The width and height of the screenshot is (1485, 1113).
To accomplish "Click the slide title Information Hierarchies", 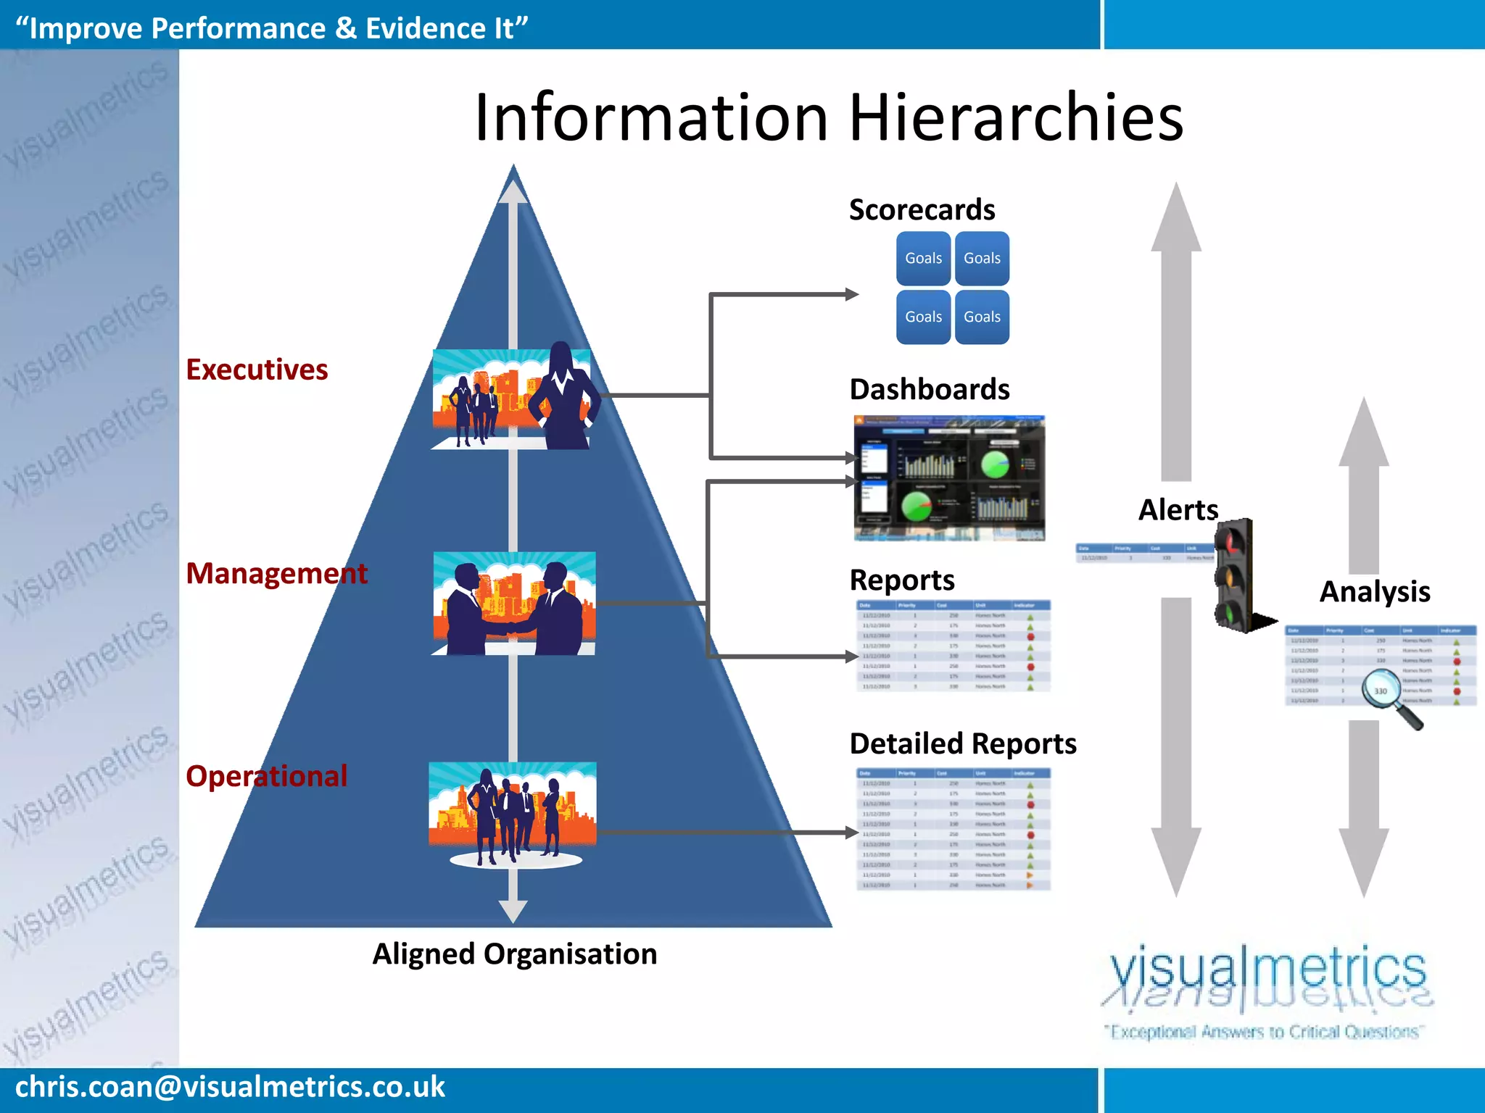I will click(x=828, y=117).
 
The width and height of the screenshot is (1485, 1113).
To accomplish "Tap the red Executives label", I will click(x=257, y=370).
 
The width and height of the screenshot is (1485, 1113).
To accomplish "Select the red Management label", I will click(x=276, y=573).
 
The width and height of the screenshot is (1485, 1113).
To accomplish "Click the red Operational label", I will click(x=266, y=776).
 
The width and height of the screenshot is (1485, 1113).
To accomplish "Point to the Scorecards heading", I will click(x=922, y=209).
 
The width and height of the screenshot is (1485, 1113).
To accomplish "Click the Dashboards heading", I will click(x=929, y=389).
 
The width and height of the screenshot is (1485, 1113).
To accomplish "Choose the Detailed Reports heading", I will click(x=962, y=743).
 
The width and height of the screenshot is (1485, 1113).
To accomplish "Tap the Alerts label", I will click(x=1178, y=509).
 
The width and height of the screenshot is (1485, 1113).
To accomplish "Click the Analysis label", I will click(x=1374, y=591).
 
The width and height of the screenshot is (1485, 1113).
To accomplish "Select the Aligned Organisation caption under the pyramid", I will click(x=514, y=954).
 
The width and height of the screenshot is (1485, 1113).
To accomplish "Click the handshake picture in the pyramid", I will click(x=514, y=604).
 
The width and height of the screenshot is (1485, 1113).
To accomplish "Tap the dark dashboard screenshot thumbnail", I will click(x=949, y=478).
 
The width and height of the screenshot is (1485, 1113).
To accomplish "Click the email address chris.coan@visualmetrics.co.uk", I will click(x=230, y=1087).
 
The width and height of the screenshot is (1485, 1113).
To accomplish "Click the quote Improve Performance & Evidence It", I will click(x=271, y=28).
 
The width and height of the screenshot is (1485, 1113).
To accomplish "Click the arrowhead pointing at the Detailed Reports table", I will click(x=851, y=833).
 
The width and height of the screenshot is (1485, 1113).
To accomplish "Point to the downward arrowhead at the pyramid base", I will click(x=513, y=912).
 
